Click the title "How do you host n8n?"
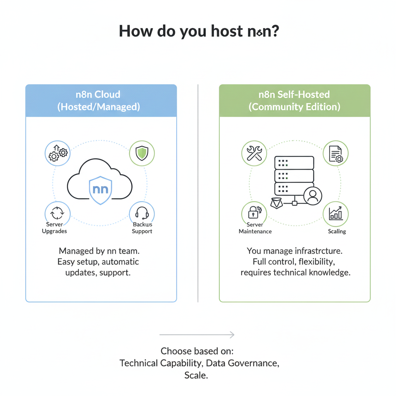coord(198,31)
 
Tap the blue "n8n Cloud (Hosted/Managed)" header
coord(101,101)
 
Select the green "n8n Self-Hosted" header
coord(294,101)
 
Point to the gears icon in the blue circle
coord(58,153)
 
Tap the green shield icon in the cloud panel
coord(142,153)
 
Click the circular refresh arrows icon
coord(58,214)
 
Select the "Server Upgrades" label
coord(55,228)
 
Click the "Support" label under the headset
coord(142,231)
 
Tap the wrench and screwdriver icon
coord(254,153)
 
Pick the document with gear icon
coord(335,153)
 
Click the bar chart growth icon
coord(335,214)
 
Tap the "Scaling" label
coord(337,231)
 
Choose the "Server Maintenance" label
coord(255,228)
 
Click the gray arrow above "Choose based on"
coord(197,335)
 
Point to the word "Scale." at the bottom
coord(196,375)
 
